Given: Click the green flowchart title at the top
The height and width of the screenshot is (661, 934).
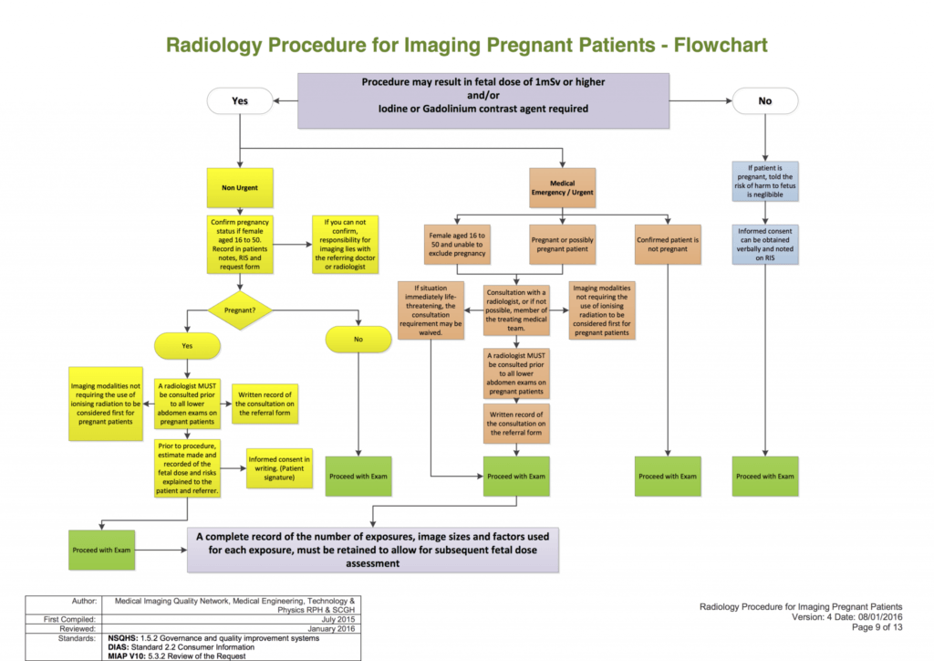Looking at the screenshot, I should [x=466, y=45].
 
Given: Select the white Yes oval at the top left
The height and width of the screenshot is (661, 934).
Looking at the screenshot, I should [x=240, y=101].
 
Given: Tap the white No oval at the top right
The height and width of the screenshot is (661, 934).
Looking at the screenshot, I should [x=764, y=101].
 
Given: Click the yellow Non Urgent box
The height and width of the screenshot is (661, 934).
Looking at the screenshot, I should [x=240, y=188].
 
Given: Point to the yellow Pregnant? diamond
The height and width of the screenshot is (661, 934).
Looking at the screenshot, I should [x=240, y=310].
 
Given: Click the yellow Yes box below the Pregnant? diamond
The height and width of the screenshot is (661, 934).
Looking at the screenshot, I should [x=188, y=345].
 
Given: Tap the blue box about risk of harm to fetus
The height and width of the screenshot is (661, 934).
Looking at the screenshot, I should [x=765, y=181].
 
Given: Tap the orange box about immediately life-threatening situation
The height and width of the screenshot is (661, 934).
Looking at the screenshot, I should [x=431, y=310].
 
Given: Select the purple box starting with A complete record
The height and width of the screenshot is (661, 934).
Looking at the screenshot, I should [x=373, y=550].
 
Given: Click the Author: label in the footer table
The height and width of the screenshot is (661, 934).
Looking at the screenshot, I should [x=85, y=601].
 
